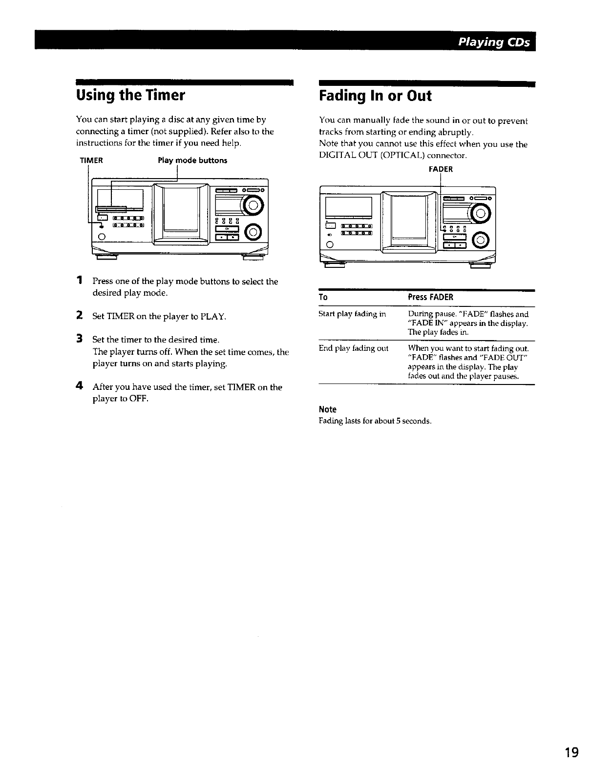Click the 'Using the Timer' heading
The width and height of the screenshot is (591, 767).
pos(130,95)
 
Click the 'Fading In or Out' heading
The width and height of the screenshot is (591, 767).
pos(375,96)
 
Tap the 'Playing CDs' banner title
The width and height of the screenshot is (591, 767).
pos(493,42)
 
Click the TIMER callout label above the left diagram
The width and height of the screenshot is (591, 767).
pos(91,161)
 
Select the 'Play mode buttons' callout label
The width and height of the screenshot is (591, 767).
pos(192,161)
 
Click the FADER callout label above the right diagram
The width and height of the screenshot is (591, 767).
pos(441,169)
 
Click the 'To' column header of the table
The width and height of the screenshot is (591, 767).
pos(323,297)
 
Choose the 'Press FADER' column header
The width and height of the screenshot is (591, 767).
pos(430,297)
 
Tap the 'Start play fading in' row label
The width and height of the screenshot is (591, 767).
pos(352,314)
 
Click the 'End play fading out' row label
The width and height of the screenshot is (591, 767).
pos(353,348)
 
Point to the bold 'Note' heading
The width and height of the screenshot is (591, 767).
pos(327,409)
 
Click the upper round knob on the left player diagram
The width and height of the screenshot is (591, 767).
pos(253,205)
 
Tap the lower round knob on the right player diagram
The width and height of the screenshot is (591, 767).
pos(481,239)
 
